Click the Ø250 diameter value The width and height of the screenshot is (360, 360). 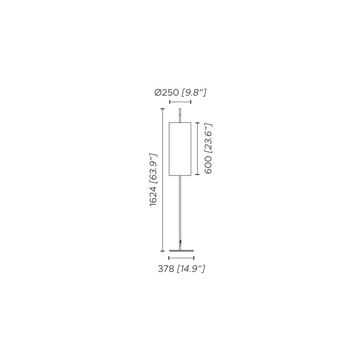point(166,93)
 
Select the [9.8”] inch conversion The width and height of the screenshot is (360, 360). point(194,93)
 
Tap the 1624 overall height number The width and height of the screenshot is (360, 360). point(153,196)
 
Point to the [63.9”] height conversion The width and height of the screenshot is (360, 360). point(153,168)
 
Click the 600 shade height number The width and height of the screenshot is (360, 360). point(208,165)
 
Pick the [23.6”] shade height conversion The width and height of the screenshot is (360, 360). point(208,139)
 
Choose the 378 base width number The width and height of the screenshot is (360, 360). point(166,269)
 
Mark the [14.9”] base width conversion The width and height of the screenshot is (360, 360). point(191,269)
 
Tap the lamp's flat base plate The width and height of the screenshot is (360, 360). point(181,251)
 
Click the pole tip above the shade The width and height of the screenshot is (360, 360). point(180,108)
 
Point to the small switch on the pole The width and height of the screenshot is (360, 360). point(181,242)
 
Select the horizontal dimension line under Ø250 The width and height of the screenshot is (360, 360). point(180,102)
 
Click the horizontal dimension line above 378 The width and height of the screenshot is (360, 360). point(181,258)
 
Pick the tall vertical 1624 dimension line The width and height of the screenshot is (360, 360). point(162,180)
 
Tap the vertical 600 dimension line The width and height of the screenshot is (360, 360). point(197,149)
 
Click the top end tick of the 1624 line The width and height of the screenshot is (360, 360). point(162,108)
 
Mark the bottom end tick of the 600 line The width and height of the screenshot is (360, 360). point(197,175)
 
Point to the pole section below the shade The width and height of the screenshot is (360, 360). point(180,212)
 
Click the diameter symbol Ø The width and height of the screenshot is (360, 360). point(158,93)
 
